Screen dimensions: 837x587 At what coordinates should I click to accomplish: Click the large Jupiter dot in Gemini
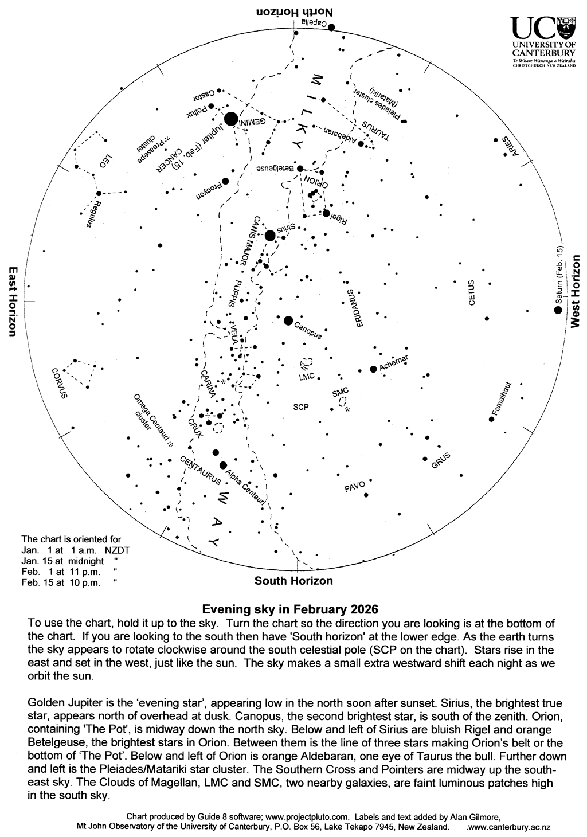pyautogui.click(x=231, y=119)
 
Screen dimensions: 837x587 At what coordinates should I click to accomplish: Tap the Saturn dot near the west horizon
pyautogui.click(x=557, y=310)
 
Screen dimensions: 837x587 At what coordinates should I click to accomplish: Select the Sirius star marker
pyautogui.click(x=270, y=235)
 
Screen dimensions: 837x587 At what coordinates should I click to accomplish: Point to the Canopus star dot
pyautogui.click(x=288, y=320)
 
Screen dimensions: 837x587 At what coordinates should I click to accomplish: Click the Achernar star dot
pyautogui.click(x=373, y=369)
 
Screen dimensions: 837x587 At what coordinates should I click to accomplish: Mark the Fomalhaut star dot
pyautogui.click(x=491, y=419)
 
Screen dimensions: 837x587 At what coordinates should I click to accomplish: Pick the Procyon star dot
pyautogui.click(x=225, y=181)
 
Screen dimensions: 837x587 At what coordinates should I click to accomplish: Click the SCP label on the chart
pyautogui.click(x=301, y=407)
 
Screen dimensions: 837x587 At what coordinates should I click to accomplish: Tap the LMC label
pyautogui.click(x=307, y=378)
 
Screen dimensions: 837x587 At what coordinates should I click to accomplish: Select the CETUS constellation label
pyautogui.click(x=472, y=292)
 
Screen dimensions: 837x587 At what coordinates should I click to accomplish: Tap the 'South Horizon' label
pyautogui.click(x=293, y=581)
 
